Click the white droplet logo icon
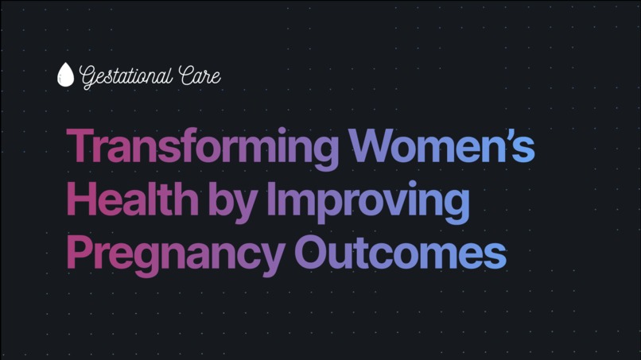(x=65, y=75)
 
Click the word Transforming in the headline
(x=204, y=148)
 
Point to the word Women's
(x=441, y=146)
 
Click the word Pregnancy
(x=175, y=254)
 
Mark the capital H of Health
(x=82, y=199)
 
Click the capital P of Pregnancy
(x=80, y=253)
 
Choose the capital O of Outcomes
(x=313, y=253)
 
